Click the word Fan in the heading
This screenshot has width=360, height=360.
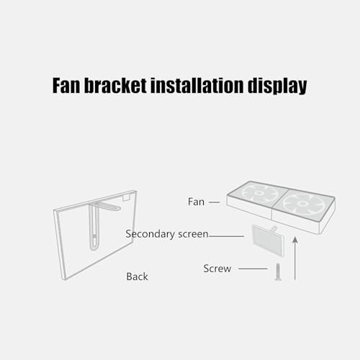[66, 86]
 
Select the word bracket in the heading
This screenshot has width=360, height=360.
[115, 86]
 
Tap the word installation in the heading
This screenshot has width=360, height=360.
[197, 86]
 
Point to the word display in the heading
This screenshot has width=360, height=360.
[277, 86]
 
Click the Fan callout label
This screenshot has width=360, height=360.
[196, 202]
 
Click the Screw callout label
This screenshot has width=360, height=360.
[217, 269]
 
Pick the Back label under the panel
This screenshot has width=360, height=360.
[137, 276]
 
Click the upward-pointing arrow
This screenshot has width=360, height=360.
[295, 258]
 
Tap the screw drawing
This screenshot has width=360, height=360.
[278, 271]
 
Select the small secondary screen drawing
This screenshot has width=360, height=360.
[268, 240]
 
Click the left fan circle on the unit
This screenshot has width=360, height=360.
[258, 193]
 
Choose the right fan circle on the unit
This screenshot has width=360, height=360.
[303, 204]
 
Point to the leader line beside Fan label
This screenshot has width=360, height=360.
[214, 202]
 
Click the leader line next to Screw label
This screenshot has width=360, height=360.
[253, 269]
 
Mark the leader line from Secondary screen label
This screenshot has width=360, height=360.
[226, 236]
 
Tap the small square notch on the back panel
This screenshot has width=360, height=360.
[126, 197]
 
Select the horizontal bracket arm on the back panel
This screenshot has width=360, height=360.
[108, 206]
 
